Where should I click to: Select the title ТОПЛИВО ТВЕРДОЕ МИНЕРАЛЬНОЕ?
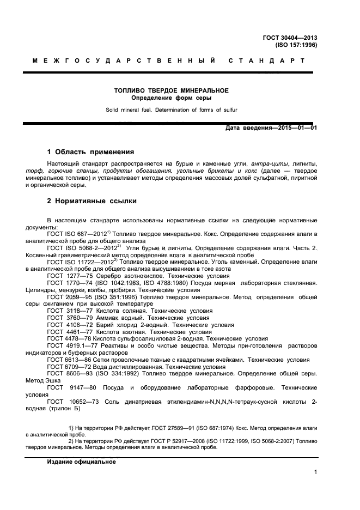(170, 90)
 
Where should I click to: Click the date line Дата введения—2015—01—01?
(271, 128)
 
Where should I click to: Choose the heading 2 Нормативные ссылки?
(91, 201)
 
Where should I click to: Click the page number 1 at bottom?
(315, 472)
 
